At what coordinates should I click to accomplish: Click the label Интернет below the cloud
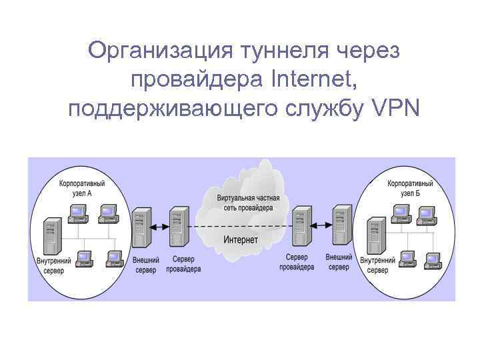241,239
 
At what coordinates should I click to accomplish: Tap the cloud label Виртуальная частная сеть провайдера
244,203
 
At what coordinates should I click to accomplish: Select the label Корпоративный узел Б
410,187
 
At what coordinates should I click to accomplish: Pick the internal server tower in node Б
376,235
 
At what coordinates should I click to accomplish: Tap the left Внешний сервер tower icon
141,227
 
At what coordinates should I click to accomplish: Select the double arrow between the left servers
159,227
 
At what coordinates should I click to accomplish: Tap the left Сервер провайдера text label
183,265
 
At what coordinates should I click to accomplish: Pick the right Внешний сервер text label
339,262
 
